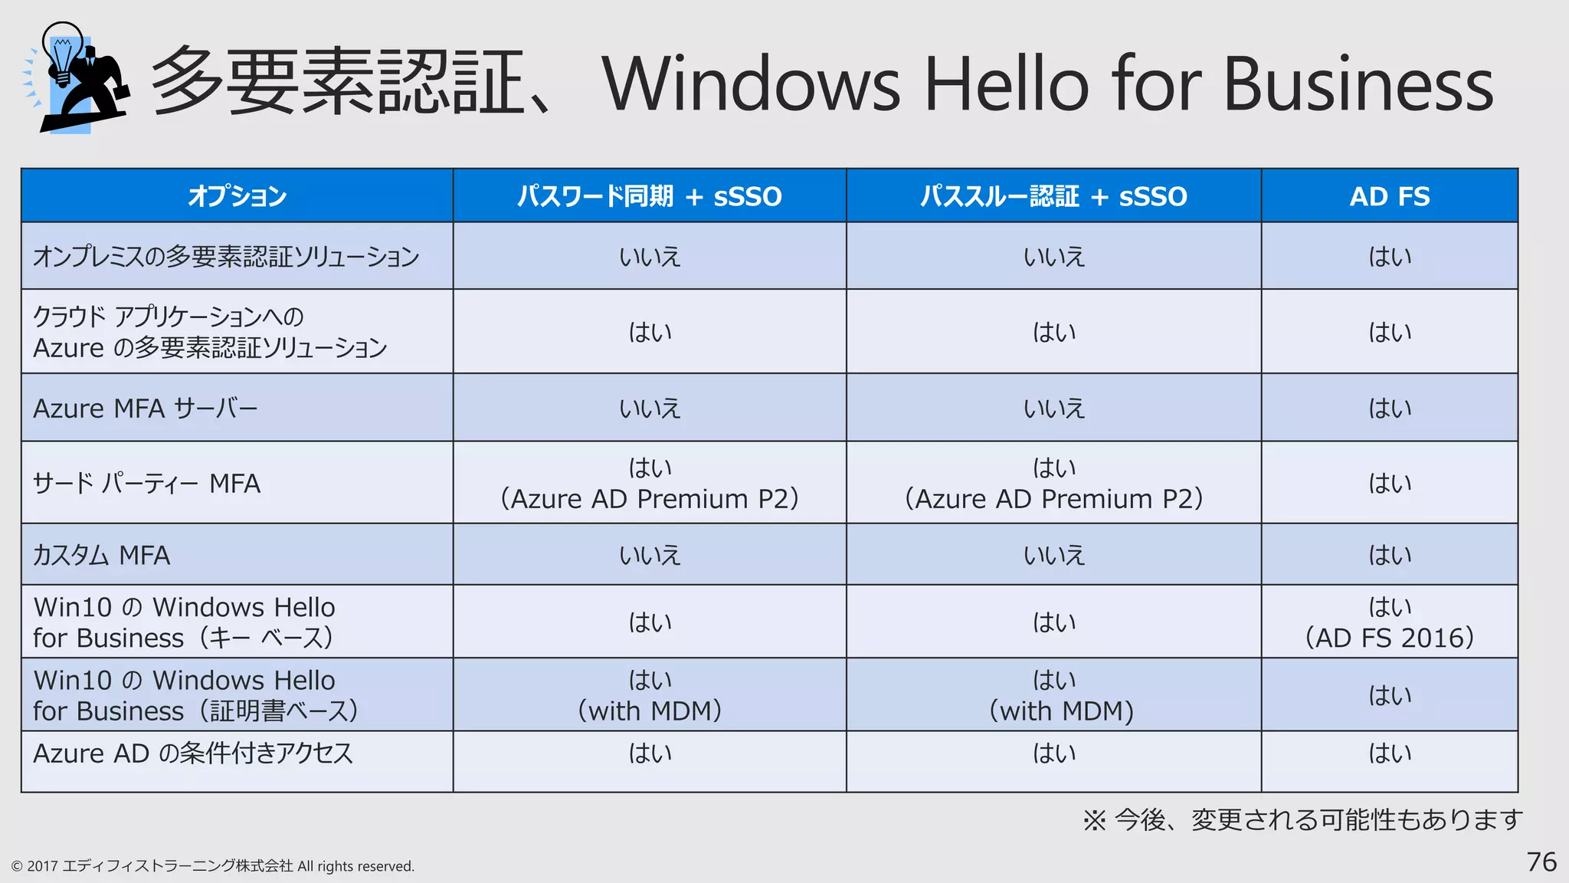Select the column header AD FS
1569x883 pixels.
point(1389,196)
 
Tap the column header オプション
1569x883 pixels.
point(237,196)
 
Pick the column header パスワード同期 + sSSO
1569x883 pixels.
point(649,196)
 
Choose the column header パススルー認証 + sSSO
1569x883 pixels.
point(1053,196)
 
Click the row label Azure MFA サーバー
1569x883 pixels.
point(146,409)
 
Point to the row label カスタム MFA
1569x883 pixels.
point(101,555)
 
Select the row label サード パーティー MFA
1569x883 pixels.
point(146,484)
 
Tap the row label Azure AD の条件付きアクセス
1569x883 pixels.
point(193,753)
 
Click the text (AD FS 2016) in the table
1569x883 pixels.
point(1389,638)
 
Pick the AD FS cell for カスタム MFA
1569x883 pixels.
point(1389,555)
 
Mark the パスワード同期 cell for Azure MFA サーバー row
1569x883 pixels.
point(650,409)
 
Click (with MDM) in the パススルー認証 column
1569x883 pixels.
point(1061,711)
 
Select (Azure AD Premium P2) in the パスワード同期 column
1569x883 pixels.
point(650,499)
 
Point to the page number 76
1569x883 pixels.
point(1541,862)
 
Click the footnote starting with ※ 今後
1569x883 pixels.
point(1302,820)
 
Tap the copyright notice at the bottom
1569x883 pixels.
point(212,866)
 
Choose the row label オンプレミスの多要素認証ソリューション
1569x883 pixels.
point(226,257)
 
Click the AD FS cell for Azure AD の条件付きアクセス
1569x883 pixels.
point(1389,753)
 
